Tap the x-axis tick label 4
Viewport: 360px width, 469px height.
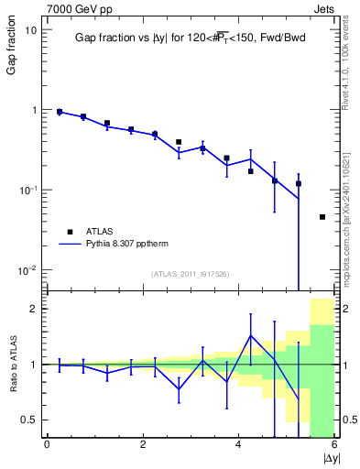(x=238, y=445)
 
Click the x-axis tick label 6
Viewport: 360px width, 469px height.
(x=334, y=445)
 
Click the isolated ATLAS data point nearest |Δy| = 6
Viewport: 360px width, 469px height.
(x=322, y=217)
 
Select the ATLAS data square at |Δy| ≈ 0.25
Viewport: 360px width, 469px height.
(x=60, y=112)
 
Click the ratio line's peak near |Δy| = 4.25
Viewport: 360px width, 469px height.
(x=251, y=335)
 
